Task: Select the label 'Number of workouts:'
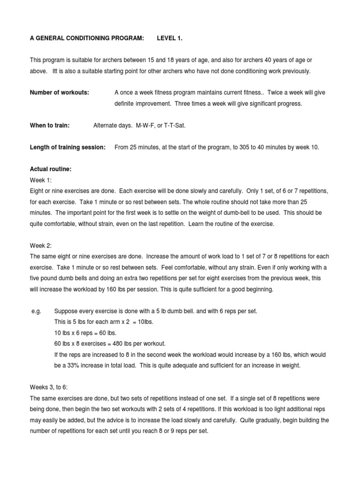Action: click(x=60, y=92)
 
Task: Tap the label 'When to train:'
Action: click(x=50, y=125)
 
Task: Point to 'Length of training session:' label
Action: click(x=67, y=147)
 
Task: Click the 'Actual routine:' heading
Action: click(x=51, y=169)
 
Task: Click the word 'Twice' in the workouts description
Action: click(x=275, y=92)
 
